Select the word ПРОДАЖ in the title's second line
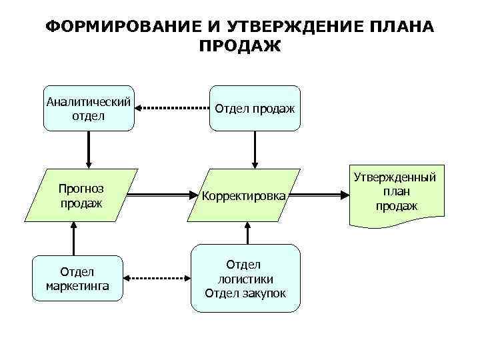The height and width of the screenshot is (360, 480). click(x=240, y=46)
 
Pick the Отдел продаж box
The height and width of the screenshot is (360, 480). click(x=255, y=108)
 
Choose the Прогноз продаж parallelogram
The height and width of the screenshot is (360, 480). click(x=81, y=195)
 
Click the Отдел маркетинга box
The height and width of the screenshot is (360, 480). click(x=78, y=279)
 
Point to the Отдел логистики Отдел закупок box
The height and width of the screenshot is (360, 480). click(x=246, y=279)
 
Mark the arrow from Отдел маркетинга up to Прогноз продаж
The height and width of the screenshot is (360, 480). click(x=74, y=239)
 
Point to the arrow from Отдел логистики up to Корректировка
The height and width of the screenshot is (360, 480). click(x=247, y=234)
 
